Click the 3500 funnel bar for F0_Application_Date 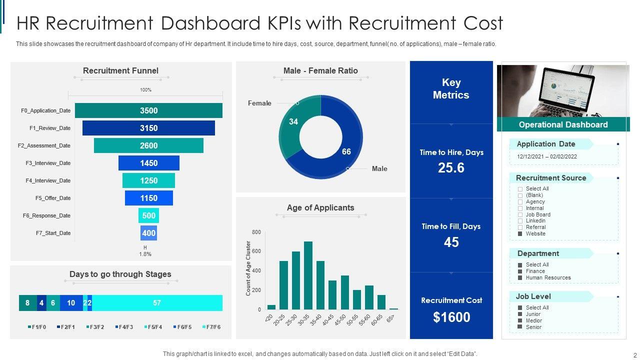[x=148, y=110]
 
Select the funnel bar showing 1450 [x=148, y=163]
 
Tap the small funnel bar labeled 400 [x=148, y=233]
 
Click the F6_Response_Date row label [x=46, y=215]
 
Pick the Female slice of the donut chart [x=295, y=125]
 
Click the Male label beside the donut [x=379, y=168]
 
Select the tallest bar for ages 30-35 [x=308, y=275]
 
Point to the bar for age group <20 [x=271, y=307]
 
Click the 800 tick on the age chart [x=256, y=232]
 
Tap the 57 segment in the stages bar [x=157, y=303]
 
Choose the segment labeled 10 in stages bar [x=71, y=303]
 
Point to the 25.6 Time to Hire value [x=451, y=168]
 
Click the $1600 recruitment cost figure [x=451, y=317]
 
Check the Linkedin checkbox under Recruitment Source [x=520, y=221]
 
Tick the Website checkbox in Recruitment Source [x=520, y=234]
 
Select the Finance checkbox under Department [x=520, y=271]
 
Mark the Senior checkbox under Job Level [x=520, y=327]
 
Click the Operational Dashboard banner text [x=563, y=124]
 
